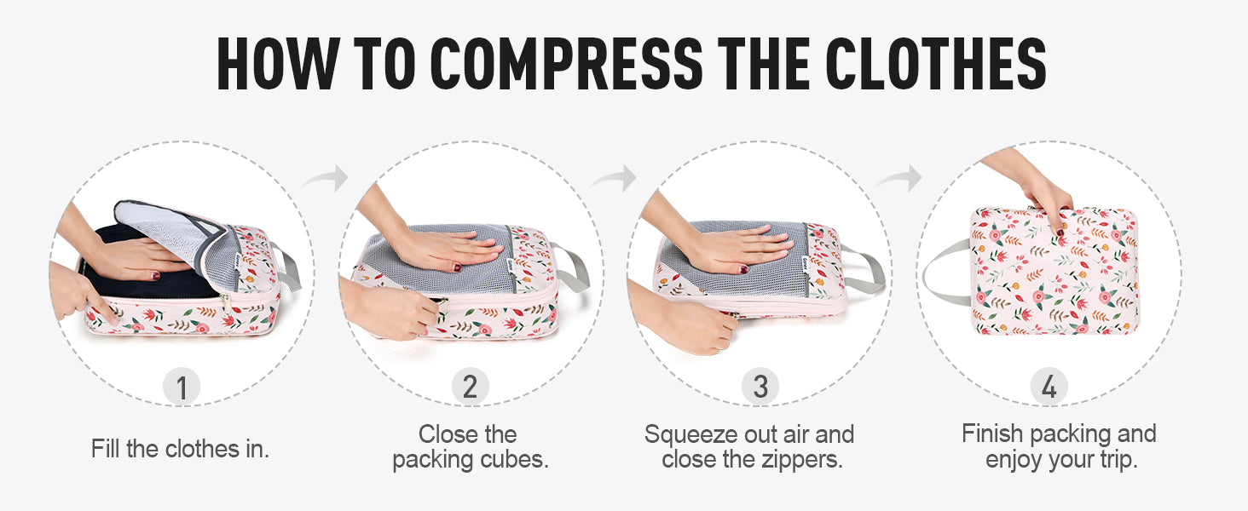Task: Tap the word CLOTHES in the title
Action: [936, 64]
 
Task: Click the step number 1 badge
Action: [182, 387]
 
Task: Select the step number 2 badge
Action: [471, 387]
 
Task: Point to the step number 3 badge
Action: [760, 387]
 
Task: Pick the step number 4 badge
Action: [1049, 387]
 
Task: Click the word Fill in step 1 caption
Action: [106, 449]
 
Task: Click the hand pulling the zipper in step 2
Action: [390, 309]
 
